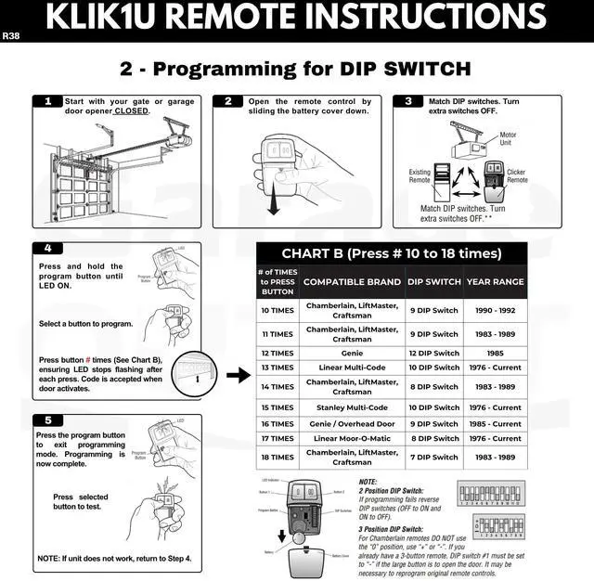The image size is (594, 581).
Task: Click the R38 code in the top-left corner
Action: tap(10, 36)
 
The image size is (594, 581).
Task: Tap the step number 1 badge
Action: tap(48, 102)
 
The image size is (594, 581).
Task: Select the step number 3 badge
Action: tap(407, 102)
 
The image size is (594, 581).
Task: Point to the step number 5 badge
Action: tap(48, 420)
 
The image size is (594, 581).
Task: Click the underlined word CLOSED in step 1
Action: tap(132, 111)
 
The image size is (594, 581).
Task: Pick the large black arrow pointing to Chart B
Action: tap(239, 375)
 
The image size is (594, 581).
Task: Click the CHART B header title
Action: tap(391, 253)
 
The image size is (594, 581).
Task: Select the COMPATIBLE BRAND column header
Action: tap(352, 282)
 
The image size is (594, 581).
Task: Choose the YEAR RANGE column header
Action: tap(495, 282)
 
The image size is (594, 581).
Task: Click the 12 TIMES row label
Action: tap(278, 354)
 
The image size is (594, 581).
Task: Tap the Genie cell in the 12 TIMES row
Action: tap(352, 354)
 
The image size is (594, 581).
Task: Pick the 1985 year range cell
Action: tap(495, 354)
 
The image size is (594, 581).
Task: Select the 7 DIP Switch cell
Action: tap(433, 457)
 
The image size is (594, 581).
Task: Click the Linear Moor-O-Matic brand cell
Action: tap(352, 439)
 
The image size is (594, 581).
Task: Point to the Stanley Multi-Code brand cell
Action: tap(352, 407)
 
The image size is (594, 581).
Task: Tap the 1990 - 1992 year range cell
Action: tap(495, 310)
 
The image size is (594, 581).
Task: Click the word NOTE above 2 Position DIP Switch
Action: tap(368, 483)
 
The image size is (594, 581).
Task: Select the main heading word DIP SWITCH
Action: tap(406, 69)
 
